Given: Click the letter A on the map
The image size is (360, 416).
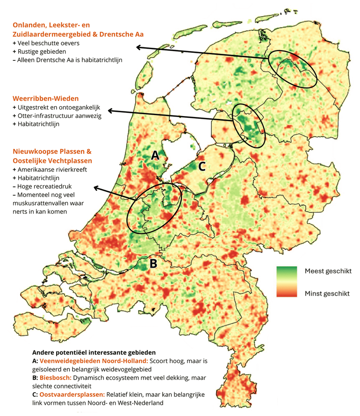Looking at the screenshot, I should [x=155, y=157].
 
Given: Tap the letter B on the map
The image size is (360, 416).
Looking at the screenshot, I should [x=153, y=263].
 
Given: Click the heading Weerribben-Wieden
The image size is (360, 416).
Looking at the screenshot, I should [x=45, y=99].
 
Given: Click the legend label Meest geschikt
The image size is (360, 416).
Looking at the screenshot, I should [x=327, y=271].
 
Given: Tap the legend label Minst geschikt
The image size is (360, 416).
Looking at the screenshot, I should [x=327, y=293].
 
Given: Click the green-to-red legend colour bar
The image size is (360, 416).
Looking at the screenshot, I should [x=286, y=282].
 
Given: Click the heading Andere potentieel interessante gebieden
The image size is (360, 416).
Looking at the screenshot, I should [x=94, y=352].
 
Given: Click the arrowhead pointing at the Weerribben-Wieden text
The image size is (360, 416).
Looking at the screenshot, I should [x=108, y=111].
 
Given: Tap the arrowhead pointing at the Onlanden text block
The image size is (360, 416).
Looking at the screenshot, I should [x=137, y=47].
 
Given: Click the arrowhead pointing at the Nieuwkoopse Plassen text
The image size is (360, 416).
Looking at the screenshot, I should [x=96, y=188].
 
